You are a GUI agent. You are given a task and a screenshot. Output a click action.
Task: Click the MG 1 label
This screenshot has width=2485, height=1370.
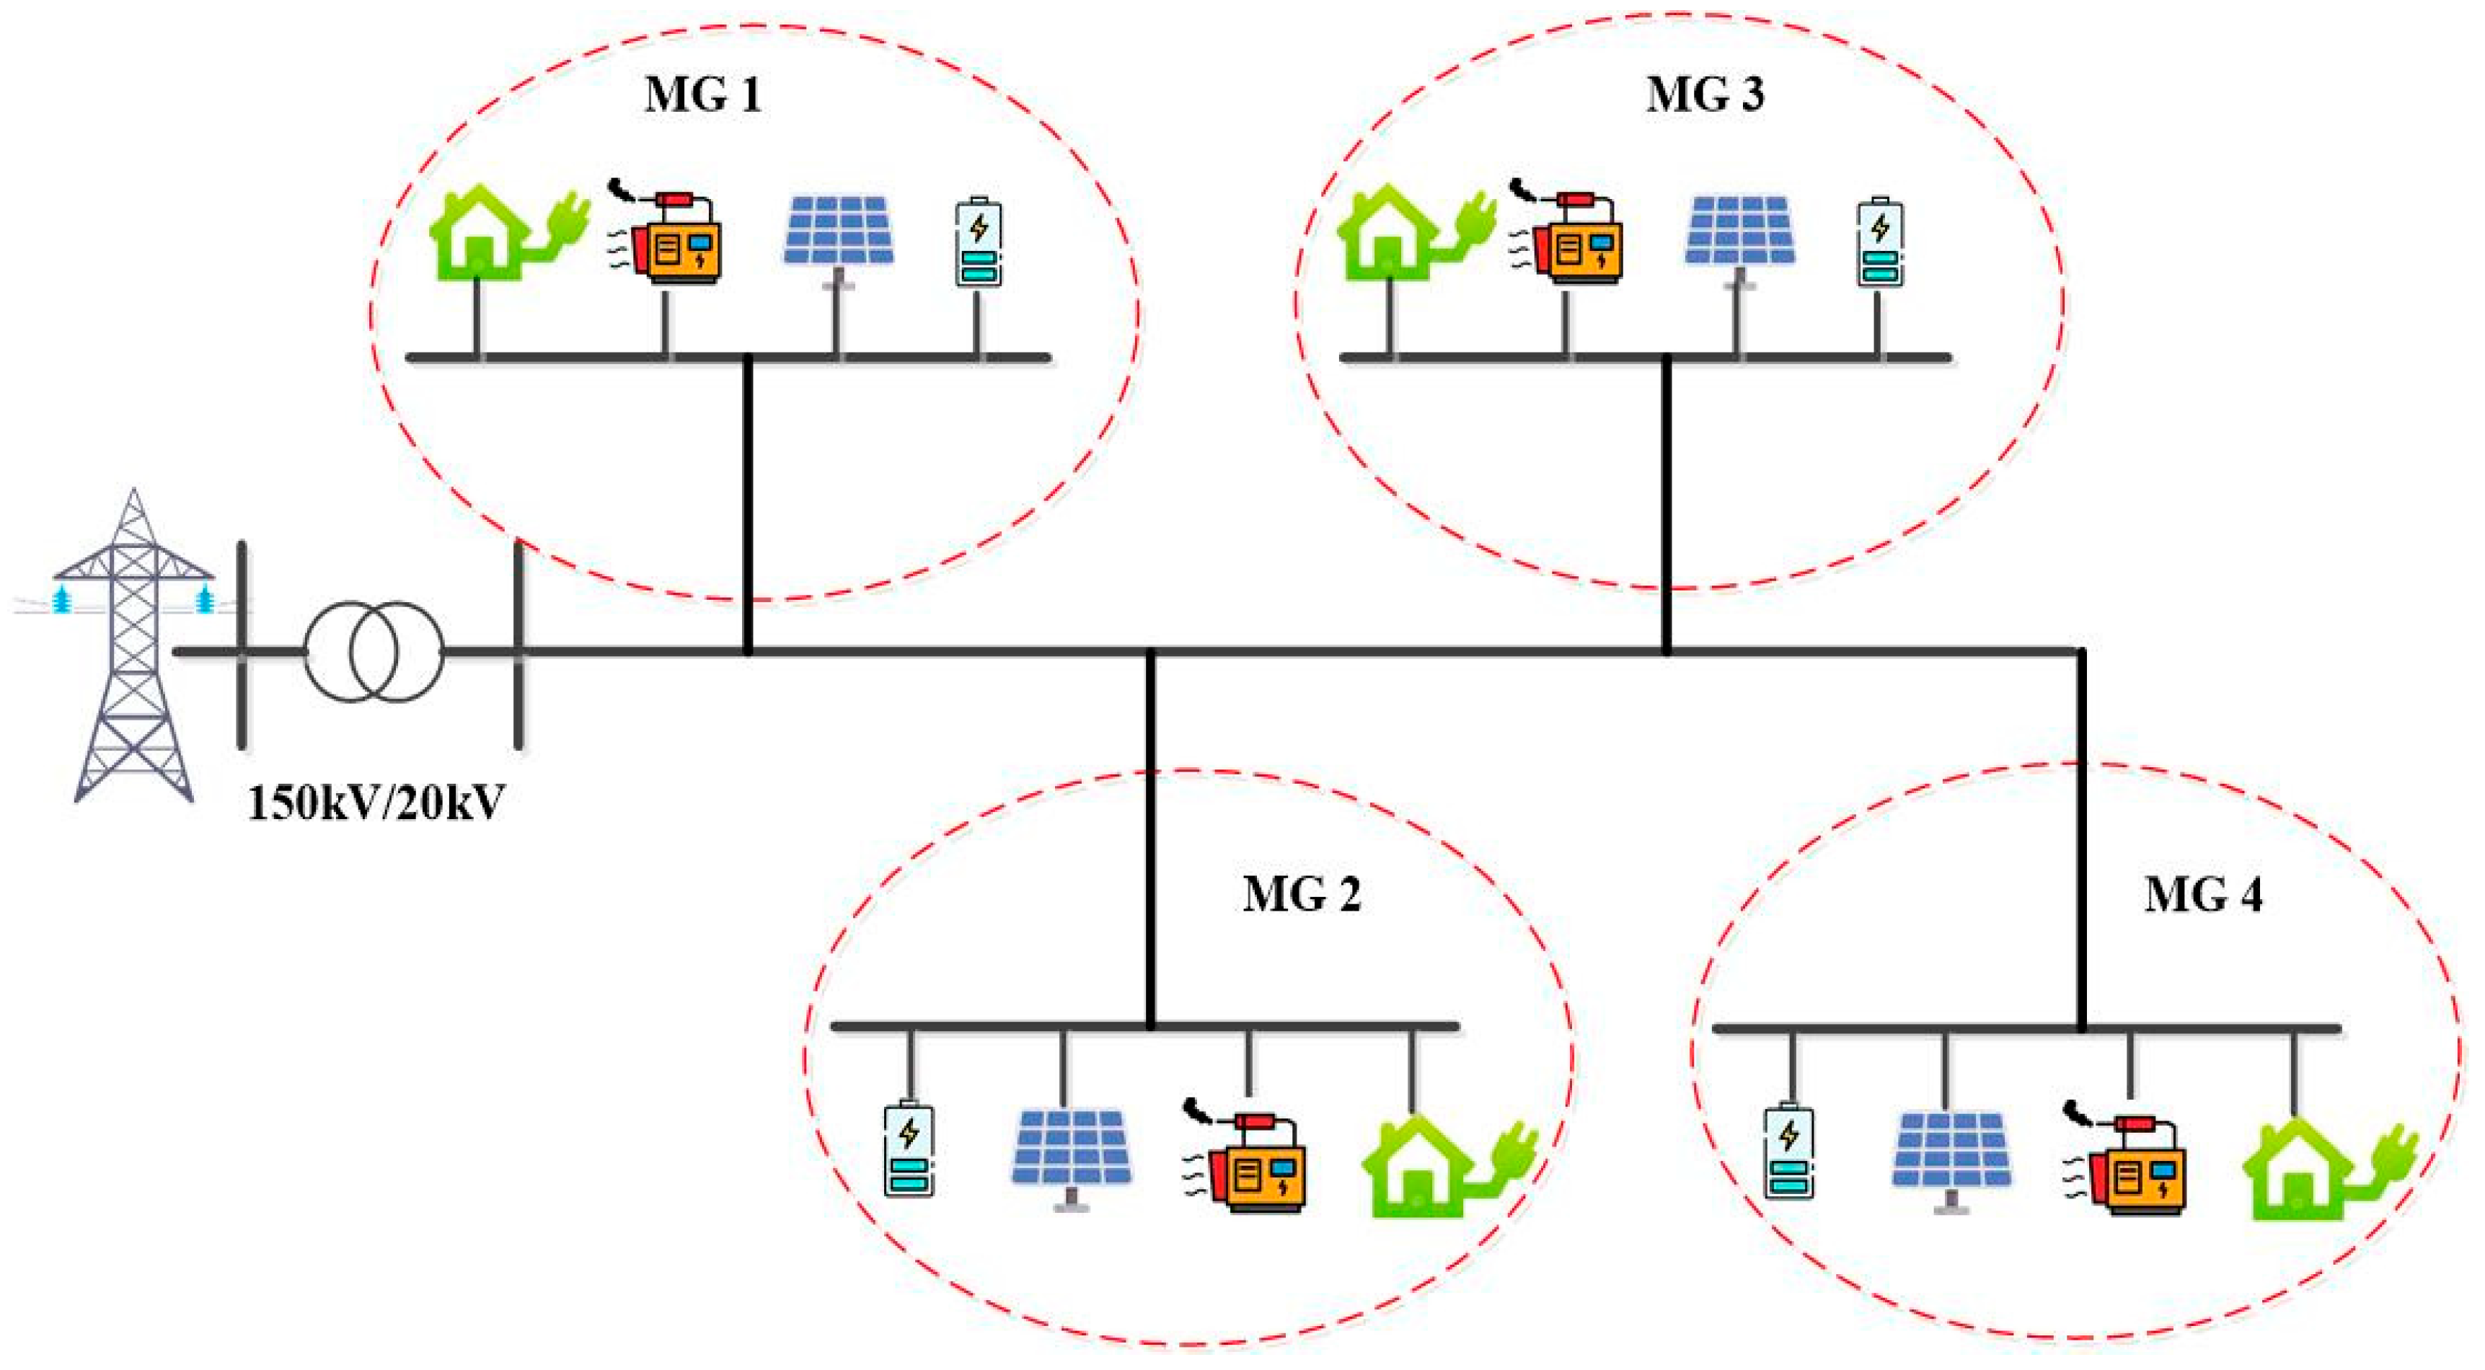tap(702, 95)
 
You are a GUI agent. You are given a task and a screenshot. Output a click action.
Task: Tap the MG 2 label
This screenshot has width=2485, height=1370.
tap(1302, 896)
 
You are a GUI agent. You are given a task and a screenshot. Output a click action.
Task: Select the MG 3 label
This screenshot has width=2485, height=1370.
tap(1705, 95)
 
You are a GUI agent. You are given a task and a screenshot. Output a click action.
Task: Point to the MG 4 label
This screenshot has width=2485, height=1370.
tap(2203, 896)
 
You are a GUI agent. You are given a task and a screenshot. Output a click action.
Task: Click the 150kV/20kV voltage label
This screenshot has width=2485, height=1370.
tap(376, 803)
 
